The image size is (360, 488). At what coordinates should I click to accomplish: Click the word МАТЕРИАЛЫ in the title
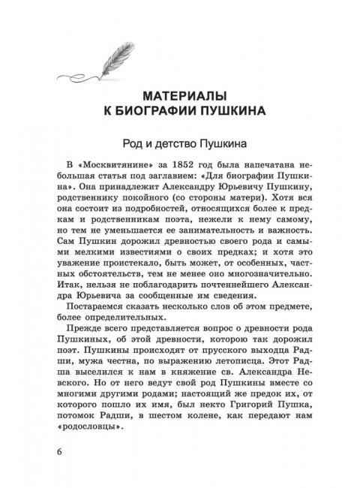point(180,96)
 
